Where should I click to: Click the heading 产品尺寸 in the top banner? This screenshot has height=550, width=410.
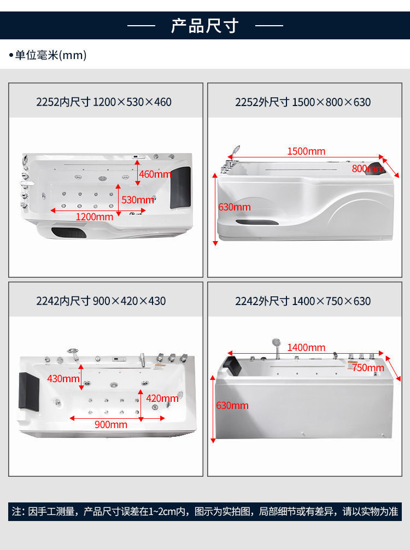205,26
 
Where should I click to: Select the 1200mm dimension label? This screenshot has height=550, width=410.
95,217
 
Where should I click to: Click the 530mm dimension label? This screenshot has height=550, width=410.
138,200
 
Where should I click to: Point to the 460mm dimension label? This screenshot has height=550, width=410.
155,174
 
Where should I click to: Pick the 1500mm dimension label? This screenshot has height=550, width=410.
306,151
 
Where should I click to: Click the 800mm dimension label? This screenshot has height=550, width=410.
368,169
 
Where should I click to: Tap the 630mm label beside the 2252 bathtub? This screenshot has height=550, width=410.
235,207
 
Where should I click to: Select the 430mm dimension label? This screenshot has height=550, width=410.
63,379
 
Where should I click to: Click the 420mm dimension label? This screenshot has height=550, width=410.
162,399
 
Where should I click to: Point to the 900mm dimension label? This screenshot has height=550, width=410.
111,425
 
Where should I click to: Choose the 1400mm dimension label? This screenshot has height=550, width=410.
306,348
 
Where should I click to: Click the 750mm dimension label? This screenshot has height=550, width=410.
368,367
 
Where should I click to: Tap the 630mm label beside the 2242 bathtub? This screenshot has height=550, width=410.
232,406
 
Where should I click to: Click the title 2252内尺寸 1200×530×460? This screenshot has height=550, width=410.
104,102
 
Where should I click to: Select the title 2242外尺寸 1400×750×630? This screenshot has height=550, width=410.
303,301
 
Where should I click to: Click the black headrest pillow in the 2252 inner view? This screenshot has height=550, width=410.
180,188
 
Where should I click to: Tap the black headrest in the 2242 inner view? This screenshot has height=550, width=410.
29,392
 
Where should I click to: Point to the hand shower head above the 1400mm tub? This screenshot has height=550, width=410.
277,342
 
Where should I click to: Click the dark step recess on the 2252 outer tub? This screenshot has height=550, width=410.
257,222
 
